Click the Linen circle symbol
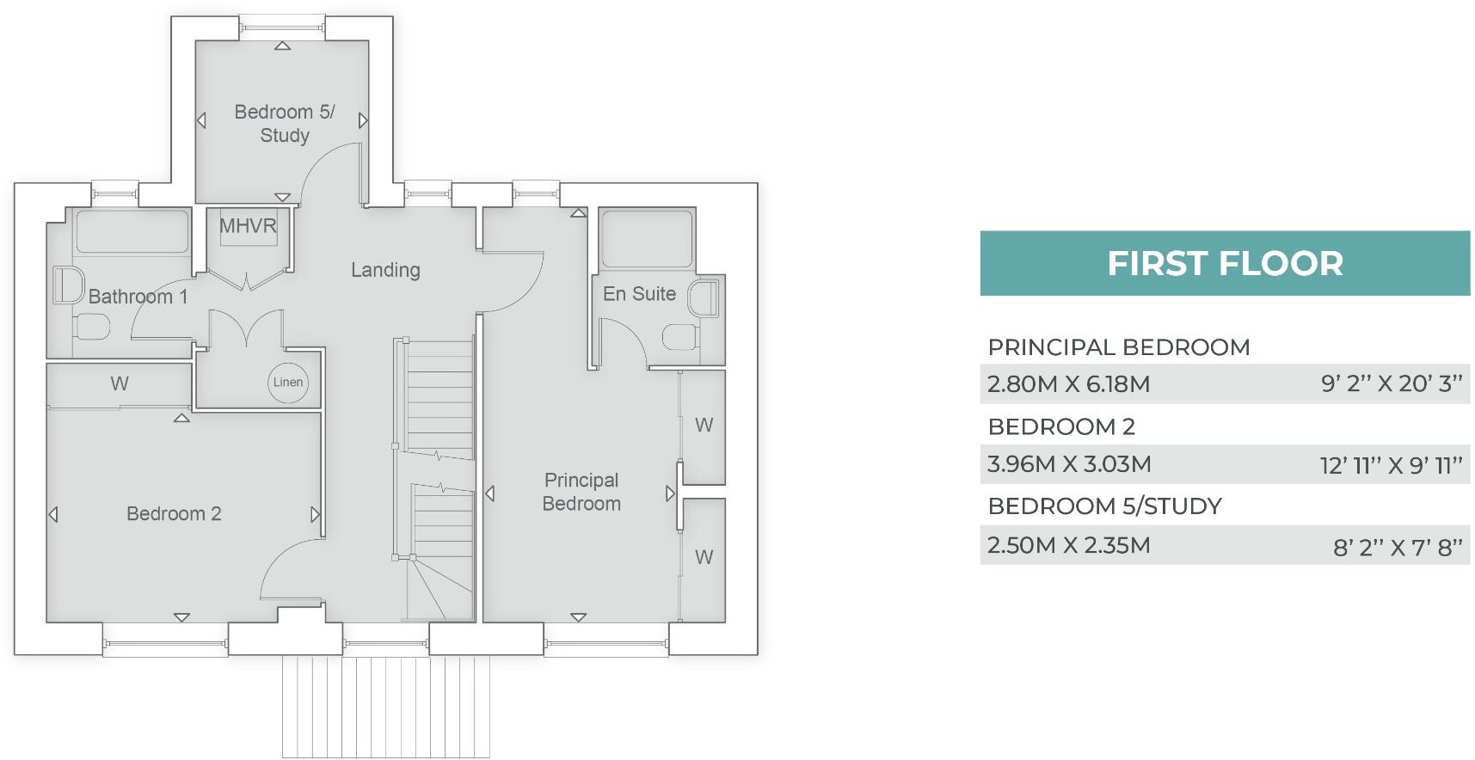coord(288,383)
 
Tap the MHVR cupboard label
coord(248,226)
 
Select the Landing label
coord(385,270)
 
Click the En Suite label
coord(639,294)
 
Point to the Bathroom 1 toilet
coord(92,327)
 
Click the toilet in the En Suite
coord(679,337)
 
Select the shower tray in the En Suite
coord(647,238)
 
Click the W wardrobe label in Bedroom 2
coord(120,384)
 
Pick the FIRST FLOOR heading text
coord(1225,264)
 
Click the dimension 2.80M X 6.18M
coord(1068,384)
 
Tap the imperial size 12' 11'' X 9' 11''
coord(1391,466)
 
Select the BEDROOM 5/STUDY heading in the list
coord(1104,506)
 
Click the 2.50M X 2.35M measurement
coord(1068,545)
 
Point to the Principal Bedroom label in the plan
coord(581,492)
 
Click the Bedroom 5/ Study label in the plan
coord(285,124)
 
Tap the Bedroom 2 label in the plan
coord(174,514)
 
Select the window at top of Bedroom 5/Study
coord(282,28)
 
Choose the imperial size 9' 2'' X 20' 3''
coord(1391,384)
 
